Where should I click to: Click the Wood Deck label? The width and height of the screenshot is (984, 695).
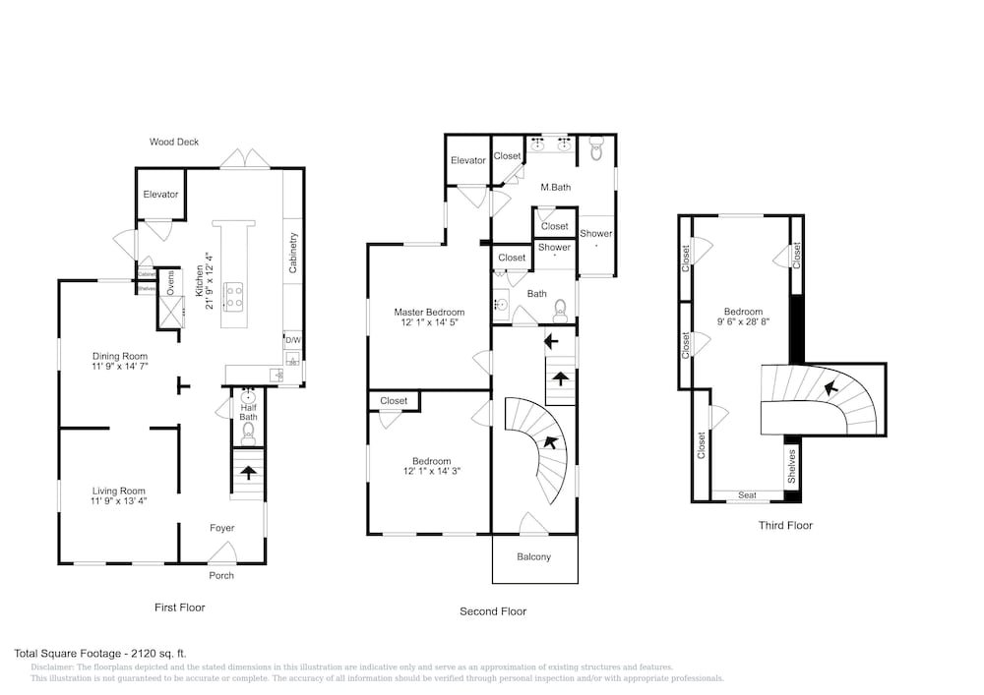[174, 143]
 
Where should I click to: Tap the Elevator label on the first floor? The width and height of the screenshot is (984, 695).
[160, 195]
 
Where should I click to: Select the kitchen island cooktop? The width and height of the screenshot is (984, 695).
[234, 290]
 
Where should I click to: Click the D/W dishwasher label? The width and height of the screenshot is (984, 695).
[292, 340]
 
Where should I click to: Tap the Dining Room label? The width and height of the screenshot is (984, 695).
[120, 356]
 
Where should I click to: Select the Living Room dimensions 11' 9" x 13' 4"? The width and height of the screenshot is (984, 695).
[119, 501]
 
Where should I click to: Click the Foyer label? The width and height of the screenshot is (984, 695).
[222, 528]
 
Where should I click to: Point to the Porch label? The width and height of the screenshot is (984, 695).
[221, 575]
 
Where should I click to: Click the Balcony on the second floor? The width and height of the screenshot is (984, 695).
[534, 557]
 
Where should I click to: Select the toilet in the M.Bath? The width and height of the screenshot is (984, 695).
[595, 149]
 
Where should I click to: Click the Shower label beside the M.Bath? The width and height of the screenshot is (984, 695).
[595, 234]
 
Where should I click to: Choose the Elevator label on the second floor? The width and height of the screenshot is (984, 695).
[468, 161]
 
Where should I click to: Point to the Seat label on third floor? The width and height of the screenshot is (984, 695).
[747, 495]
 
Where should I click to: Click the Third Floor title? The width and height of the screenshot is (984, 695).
[785, 526]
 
